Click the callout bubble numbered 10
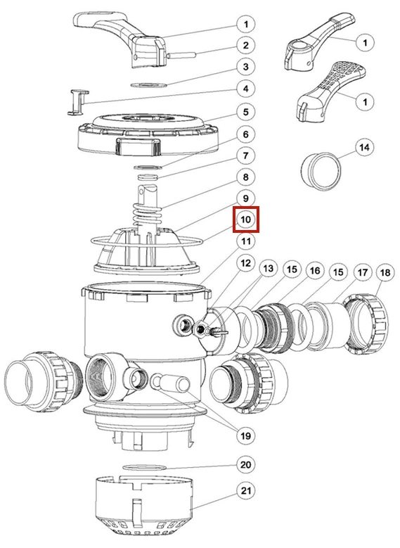pos(246,219)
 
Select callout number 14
pos(364,148)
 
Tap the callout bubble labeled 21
pos(246,491)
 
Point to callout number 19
pos(246,436)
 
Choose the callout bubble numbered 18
pos(385,272)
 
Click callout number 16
pos(315,270)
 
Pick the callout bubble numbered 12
pos(246,262)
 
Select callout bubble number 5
pos(246,112)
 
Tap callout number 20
pos(246,464)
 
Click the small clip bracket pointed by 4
pos(77,102)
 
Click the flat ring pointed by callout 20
pos(143,467)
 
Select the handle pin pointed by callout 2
pos(181,55)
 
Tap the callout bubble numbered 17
pos(363,272)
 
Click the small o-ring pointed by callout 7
pos(148,176)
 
